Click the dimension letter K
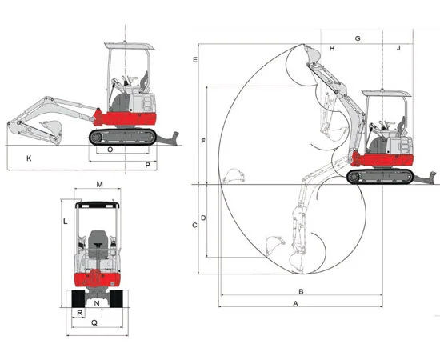tap(29, 158)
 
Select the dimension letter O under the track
tap(110, 150)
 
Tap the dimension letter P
tap(148, 166)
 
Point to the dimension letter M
tap(100, 184)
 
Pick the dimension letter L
tap(66, 222)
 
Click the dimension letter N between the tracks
tap(97, 303)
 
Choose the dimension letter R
tap(80, 313)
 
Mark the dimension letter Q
tap(94, 323)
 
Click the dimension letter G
tap(358, 38)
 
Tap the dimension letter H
tap(332, 49)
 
